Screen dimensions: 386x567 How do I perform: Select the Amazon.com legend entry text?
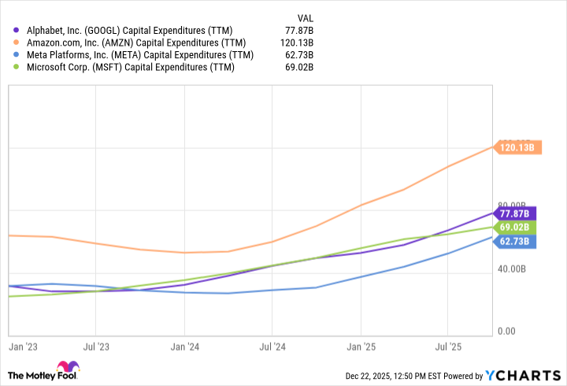(x=135, y=43)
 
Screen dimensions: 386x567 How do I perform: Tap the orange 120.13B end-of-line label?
(x=517, y=147)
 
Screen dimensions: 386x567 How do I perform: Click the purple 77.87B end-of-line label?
(x=517, y=213)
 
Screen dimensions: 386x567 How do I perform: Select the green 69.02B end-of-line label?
(x=517, y=227)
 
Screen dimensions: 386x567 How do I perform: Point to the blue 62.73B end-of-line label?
(x=517, y=242)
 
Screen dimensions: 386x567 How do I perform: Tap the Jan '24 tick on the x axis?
(x=183, y=345)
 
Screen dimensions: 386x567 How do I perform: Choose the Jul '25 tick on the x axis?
(x=447, y=345)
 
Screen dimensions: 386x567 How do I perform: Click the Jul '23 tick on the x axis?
(x=95, y=345)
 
